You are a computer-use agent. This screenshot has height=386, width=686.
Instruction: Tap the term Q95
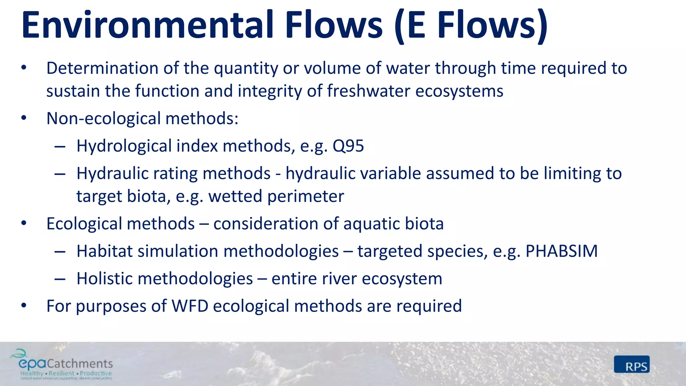348,146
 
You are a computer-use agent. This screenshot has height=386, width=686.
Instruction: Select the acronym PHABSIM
561,251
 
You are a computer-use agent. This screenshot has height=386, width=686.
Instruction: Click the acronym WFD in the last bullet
190,306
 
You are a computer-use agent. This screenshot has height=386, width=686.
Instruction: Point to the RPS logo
632,365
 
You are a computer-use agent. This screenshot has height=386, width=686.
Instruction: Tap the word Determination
102,68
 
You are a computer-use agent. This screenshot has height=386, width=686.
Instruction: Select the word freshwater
368,91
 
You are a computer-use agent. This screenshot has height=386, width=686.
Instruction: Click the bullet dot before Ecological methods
23,223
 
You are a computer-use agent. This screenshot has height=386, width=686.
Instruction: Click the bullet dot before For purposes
23,306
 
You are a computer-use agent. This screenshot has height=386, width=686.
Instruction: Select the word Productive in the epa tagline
95,373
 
